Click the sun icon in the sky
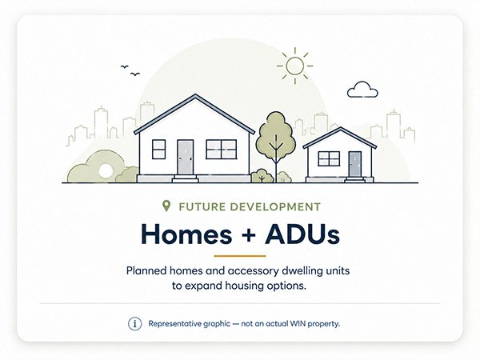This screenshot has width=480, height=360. point(294,66)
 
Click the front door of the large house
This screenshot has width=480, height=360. point(186,157)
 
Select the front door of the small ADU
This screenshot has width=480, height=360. point(354,164)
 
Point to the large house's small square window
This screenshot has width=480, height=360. point(159,149)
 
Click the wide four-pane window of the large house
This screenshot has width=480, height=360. point(222,149)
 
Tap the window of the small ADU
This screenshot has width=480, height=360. point(329,158)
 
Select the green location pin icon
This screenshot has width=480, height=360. point(166,206)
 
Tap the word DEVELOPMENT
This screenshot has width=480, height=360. point(275,207)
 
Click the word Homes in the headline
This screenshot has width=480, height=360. point(186,234)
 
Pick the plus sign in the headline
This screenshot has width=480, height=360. point(248,235)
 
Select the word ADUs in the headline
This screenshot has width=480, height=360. point(302,234)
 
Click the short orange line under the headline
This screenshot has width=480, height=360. point(240,256)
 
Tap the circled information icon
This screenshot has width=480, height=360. point(135,323)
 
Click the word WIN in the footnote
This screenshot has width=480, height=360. point(298,323)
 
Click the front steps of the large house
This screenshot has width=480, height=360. point(186,178)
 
